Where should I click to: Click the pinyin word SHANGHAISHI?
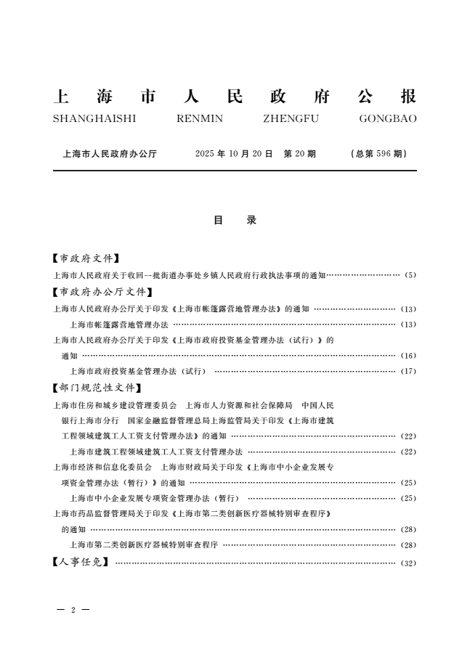pos(94,119)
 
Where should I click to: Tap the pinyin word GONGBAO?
pos(388,119)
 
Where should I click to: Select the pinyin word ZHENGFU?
pos(291,119)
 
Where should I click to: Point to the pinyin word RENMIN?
pos(200,119)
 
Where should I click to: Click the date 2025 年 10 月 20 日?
pos(234,154)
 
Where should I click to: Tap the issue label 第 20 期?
pos(299,154)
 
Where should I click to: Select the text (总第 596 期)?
pos(378,154)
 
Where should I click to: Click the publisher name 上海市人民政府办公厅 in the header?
pos(110,154)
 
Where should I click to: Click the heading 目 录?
pos(235,220)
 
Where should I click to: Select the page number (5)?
pos(410,276)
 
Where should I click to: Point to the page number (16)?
pos(408,356)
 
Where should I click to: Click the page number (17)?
pos(408,372)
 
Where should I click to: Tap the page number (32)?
pos(408,563)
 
